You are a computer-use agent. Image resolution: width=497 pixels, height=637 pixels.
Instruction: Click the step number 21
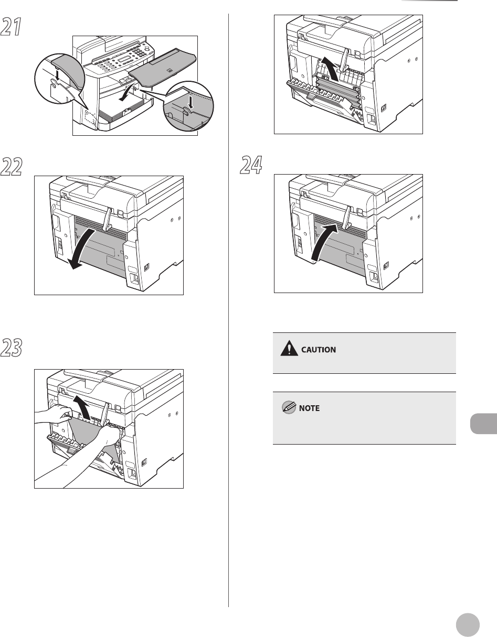coord(11,27)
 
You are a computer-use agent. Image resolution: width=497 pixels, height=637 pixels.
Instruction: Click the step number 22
coord(12,167)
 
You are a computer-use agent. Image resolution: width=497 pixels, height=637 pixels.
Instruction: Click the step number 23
coord(12,348)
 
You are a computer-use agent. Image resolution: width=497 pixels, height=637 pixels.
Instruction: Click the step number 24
coord(251,165)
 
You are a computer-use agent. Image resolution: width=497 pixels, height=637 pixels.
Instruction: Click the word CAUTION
coord(319,350)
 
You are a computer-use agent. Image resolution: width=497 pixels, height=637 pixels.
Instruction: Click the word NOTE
coord(309,408)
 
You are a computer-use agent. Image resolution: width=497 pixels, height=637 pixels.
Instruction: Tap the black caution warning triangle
coord(289,348)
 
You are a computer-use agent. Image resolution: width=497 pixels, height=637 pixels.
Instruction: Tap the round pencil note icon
coord(289,407)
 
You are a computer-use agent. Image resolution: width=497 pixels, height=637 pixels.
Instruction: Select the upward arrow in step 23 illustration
coord(82,407)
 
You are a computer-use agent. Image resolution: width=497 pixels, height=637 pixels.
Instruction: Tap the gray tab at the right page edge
coord(483,423)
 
